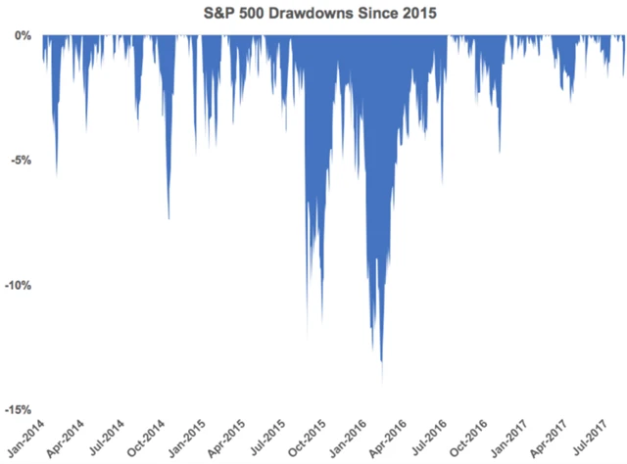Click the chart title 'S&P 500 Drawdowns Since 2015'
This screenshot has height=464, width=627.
pos(313,14)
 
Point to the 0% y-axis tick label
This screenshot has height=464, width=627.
pos(22,35)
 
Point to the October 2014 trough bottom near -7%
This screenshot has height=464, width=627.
pos(169,218)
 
